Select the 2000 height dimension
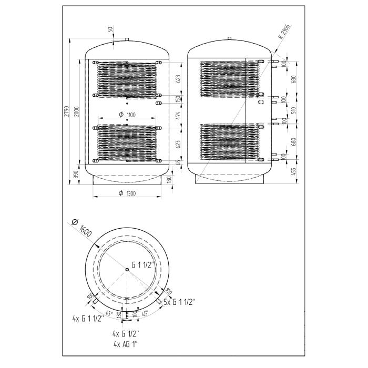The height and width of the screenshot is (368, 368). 77,111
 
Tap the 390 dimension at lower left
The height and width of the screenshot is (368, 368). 77,174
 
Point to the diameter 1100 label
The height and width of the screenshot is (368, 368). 127,115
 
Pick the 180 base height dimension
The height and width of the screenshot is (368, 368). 169,179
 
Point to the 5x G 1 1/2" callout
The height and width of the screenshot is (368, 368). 179,302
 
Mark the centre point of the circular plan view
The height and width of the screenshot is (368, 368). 127,270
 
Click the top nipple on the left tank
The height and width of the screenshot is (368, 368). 127,39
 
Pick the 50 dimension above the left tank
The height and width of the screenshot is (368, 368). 110,29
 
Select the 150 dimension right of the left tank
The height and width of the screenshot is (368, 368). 179,99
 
